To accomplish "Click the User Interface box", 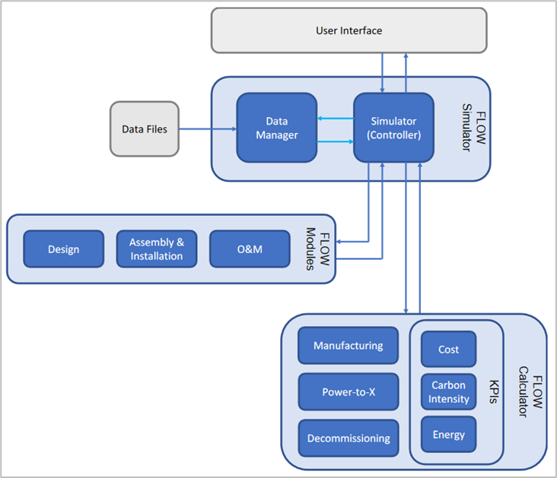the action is pos(349,30).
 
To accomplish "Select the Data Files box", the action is pos(145,129).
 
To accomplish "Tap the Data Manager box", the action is pos(277,128).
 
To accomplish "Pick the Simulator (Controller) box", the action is pos(393,128).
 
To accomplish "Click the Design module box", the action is pos(64,248).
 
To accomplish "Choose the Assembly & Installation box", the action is pos(157,248).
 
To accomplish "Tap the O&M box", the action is pos(250,248).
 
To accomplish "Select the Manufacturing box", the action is pos(349,345).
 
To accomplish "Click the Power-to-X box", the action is pos(349,392).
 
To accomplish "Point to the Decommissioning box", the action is pos(349,438).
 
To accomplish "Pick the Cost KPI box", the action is pos(448,349).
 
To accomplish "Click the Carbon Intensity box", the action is pos(448,392).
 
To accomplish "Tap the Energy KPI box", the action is pos(448,435).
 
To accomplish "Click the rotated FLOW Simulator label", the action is pos(474,128).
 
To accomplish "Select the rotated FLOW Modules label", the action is pos(318,248).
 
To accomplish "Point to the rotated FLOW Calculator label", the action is pos(530,392).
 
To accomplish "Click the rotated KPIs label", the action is pos(494,392).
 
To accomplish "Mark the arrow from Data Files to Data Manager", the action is pos(208,129).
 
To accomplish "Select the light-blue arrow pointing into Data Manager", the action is pos(336,118).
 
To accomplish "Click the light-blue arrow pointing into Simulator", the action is pos(336,141).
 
